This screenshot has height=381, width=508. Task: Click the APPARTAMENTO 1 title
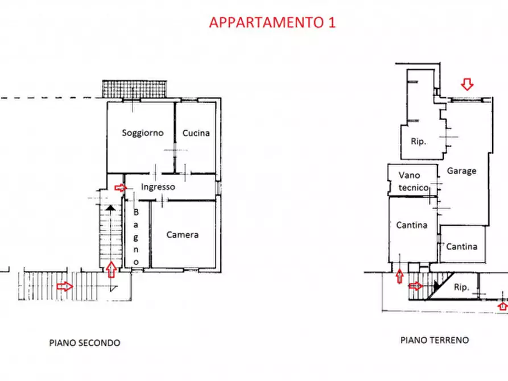point(272,22)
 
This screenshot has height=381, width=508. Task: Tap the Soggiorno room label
point(143,133)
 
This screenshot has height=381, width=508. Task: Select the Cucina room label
point(196,133)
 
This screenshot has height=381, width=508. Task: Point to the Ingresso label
point(158,187)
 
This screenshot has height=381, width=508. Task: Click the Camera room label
point(183,234)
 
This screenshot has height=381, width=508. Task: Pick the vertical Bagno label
point(137,237)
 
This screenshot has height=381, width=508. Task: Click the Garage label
point(461,171)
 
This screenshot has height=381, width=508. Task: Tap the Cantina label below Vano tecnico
point(412,225)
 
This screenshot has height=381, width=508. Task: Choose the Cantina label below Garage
point(462,246)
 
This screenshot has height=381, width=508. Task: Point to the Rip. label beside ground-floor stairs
point(461,288)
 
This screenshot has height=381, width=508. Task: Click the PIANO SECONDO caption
point(85,343)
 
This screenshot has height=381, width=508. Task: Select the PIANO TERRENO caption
point(435,340)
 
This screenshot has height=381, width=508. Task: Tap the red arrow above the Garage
point(467,85)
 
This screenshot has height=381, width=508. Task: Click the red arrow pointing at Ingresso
point(120,187)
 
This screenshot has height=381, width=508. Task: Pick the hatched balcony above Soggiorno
point(135,89)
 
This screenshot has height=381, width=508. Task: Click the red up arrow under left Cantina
point(399,277)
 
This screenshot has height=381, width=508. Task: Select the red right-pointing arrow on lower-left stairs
point(65,286)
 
